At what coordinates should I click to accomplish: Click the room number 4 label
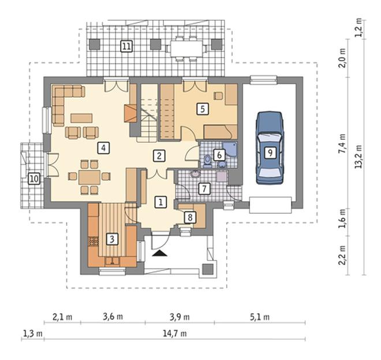tap(104, 148)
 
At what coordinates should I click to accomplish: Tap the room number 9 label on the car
tap(270, 153)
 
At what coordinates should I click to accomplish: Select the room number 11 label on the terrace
tap(126, 46)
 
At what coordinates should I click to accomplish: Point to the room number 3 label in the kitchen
tap(112, 239)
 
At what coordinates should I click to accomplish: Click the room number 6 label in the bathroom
tap(219, 155)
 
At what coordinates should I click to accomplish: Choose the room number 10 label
tap(34, 179)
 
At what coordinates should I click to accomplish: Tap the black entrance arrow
tap(160, 253)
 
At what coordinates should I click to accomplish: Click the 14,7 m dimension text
tap(175, 333)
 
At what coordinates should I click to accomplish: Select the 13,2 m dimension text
tap(358, 157)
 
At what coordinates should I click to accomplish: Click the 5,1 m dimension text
tap(260, 317)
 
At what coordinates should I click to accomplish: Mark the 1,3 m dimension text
tap(32, 333)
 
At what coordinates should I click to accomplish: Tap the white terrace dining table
tap(186, 49)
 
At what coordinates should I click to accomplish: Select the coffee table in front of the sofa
tap(81, 118)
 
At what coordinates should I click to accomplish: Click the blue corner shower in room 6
tap(230, 149)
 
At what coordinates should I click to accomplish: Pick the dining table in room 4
tap(89, 177)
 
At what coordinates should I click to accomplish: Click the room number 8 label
tap(190, 217)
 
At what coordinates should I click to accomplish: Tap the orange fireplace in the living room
tap(130, 113)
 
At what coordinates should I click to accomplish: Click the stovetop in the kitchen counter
tap(93, 242)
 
